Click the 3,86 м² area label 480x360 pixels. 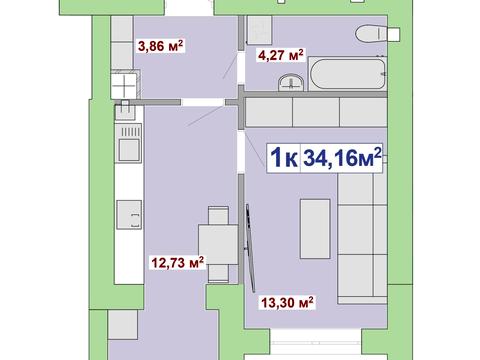point(161,46)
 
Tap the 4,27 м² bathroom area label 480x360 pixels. point(281,55)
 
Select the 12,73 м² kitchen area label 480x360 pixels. point(178,263)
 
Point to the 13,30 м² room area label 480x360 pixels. point(287,303)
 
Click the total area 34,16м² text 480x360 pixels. point(342,158)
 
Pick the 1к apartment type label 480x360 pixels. point(284,158)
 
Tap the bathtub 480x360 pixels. point(347,73)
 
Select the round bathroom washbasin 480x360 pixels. point(291,82)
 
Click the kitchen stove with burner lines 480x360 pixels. point(128,143)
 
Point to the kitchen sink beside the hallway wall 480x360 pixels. point(125,110)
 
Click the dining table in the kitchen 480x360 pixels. point(218,244)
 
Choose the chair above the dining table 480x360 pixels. point(218,215)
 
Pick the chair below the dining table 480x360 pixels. point(218,273)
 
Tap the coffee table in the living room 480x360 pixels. point(315,229)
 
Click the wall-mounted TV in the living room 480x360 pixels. point(250,248)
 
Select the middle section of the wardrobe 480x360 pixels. point(316,112)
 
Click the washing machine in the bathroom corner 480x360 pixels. point(260,30)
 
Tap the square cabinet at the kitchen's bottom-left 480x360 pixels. point(123,325)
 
